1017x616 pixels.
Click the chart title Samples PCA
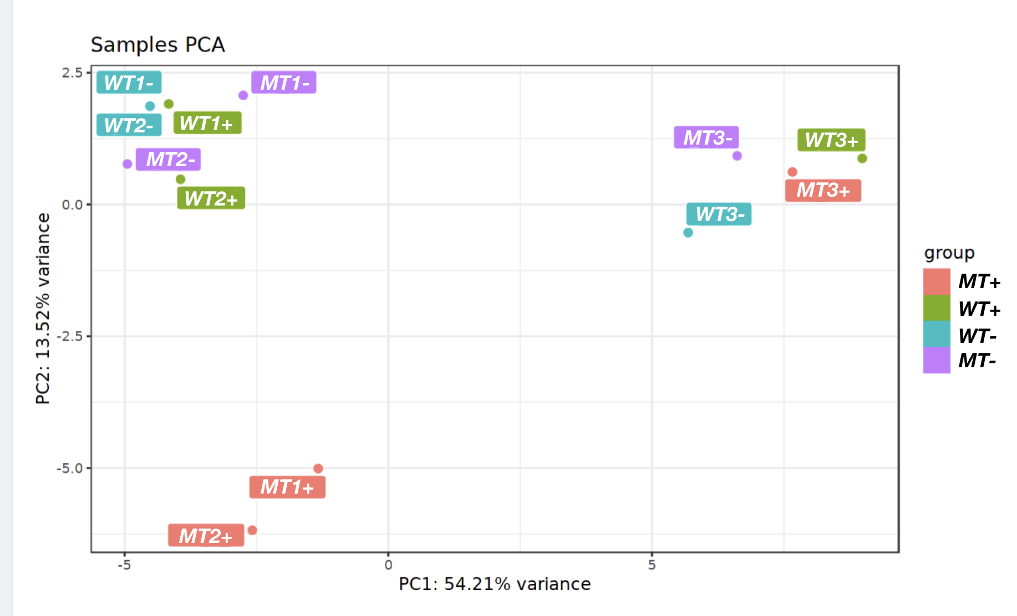coord(157,45)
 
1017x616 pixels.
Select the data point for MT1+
coord(318,469)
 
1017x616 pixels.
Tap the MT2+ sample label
coord(206,536)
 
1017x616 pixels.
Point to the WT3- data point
coord(688,233)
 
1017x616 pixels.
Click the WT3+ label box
coord(831,140)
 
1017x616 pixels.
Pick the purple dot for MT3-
coord(737,156)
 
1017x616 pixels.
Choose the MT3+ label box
coord(823,191)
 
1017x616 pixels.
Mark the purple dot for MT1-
coord(243,95)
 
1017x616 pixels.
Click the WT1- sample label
coord(129,83)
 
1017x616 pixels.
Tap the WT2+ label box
coord(211,198)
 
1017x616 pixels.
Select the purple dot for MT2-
coord(128,164)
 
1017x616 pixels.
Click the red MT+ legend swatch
coord(937,281)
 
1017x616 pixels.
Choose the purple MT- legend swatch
coord(937,361)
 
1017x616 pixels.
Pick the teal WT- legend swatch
coord(937,335)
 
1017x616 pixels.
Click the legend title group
coord(949,253)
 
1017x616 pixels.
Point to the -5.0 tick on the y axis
coord(69,468)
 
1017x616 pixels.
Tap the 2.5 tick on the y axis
coord(72,73)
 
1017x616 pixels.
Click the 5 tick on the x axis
coord(652,565)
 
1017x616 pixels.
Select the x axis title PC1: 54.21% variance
coord(495,584)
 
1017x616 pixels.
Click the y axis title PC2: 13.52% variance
coord(43,309)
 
